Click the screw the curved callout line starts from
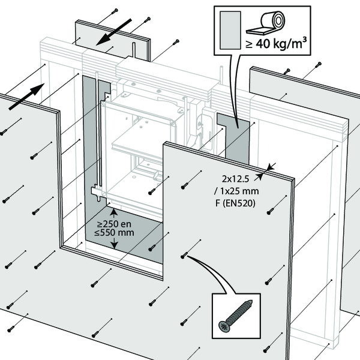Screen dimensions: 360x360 coord(184,256)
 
